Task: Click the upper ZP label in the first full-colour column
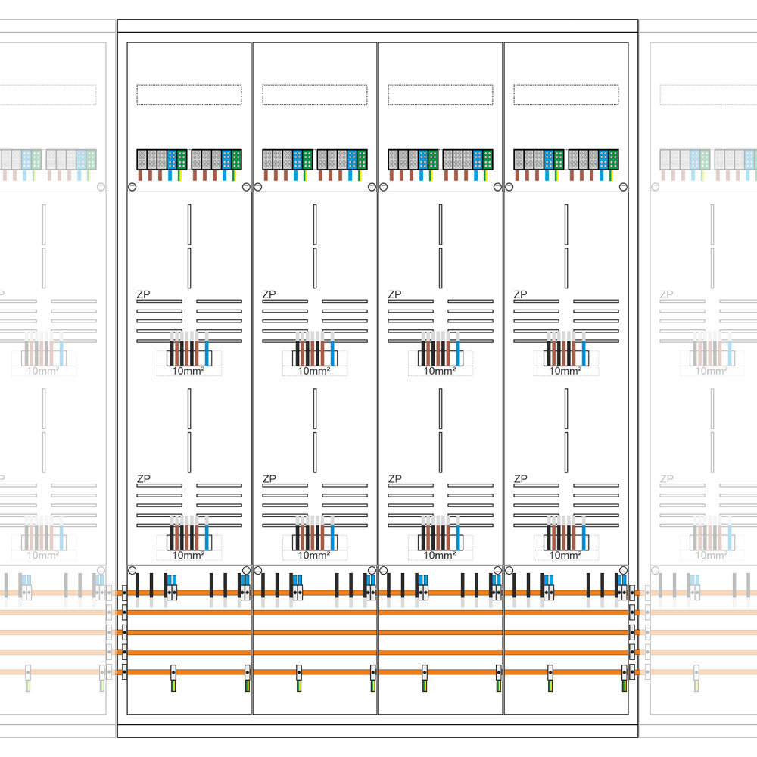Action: coord(142,294)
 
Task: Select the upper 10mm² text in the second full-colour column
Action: coord(314,371)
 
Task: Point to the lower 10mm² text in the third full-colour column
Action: coord(440,555)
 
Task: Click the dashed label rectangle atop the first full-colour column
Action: coord(188,95)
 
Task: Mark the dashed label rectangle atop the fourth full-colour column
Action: coord(565,95)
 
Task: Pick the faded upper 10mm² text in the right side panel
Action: coord(712,371)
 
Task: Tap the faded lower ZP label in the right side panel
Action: coord(666,478)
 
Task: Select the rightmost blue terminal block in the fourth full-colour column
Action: coord(604,159)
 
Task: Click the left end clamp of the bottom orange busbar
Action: coord(124,671)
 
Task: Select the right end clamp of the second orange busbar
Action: coord(631,612)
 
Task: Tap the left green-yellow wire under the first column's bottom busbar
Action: coord(173,685)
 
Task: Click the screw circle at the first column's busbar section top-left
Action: coord(132,570)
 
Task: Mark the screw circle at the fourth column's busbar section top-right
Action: coord(622,570)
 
